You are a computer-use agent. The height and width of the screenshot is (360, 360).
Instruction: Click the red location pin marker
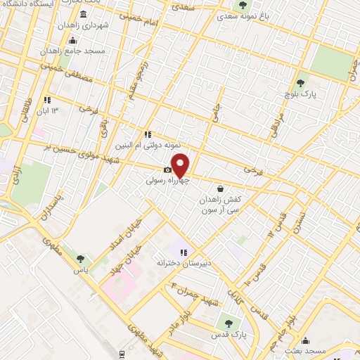pyautogui.click(x=180, y=165)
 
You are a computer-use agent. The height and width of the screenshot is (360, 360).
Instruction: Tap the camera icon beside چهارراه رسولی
pyautogui.click(x=167, y=169)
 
